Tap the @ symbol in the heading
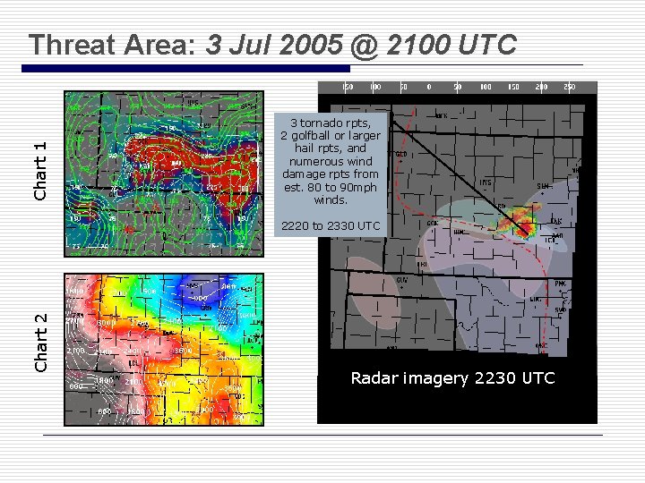365,45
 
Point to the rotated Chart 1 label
40,171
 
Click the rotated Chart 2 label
40,343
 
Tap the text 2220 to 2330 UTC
331,225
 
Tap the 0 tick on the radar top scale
428,88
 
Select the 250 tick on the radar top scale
567,88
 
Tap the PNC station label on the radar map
560,284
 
